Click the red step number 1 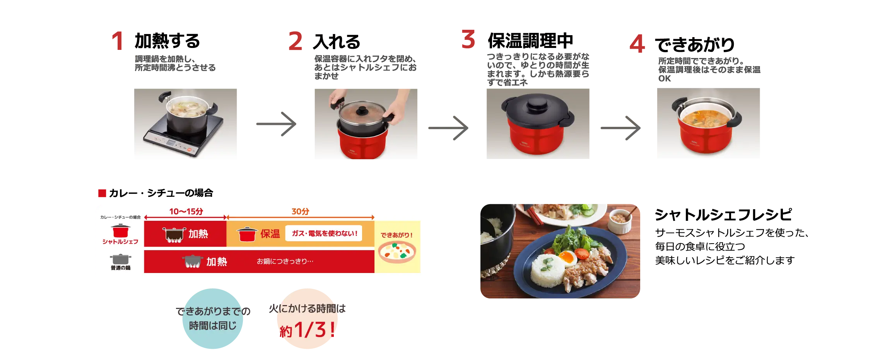point(118,41)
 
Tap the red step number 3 point(468,39)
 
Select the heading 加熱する point(167,41)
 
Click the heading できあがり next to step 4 point(695,44)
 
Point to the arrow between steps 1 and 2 point(276,124)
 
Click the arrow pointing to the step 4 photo point(620,128)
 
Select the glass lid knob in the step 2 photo point(362,111)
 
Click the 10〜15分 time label point(186,212)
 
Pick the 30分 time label point(301,212)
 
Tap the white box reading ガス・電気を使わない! point(324,233)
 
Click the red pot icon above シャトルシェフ point(121,231)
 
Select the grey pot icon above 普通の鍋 point(121,259)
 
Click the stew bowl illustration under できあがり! point(397,252)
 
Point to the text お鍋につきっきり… point(285,261)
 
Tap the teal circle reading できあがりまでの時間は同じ point(213,319)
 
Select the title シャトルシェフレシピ point(723,215)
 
